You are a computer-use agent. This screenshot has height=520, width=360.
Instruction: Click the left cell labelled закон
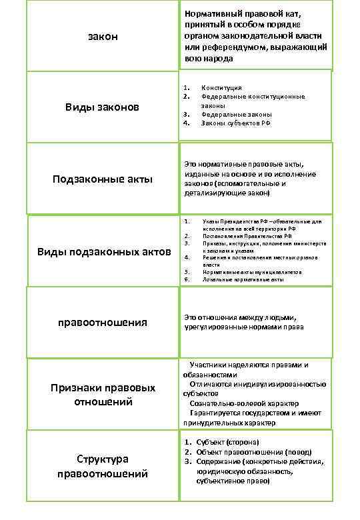click(102, 36)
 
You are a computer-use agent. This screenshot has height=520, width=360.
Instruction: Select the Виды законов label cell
click(102, 107)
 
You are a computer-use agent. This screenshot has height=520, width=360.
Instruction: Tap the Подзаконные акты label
click(103, 179)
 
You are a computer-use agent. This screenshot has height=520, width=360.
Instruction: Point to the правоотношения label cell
click(103, 323)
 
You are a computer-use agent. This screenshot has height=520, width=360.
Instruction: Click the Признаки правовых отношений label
click(103, 395)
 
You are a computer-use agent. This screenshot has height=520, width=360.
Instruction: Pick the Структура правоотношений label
click(102, 467)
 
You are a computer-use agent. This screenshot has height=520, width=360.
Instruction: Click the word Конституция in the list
click(221, 87)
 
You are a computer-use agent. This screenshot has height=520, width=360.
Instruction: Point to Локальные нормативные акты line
click(243, 279)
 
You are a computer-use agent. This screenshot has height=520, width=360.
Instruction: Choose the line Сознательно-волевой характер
click(244, 403)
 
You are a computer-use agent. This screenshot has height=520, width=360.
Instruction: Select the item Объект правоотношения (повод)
click(254, 452)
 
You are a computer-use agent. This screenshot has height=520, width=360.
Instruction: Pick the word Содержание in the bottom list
click(218, 461)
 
